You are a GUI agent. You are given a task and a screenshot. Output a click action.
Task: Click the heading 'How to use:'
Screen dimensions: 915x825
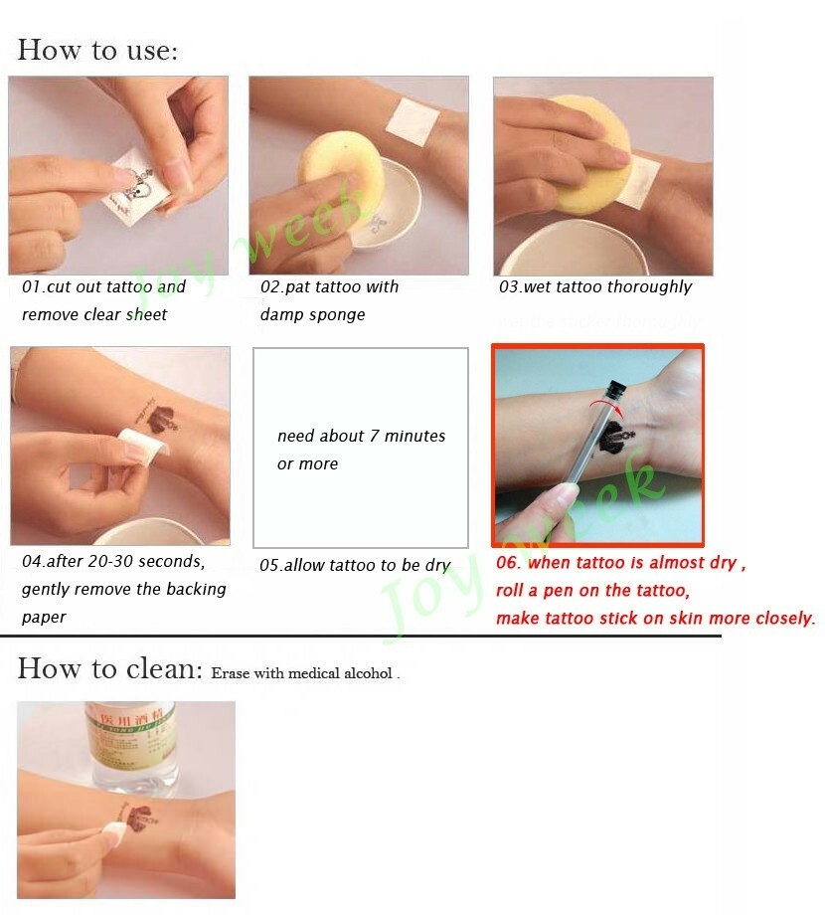(x=97, y=50)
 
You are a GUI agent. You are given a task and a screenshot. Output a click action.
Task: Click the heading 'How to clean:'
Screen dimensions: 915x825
(x=109, y=669)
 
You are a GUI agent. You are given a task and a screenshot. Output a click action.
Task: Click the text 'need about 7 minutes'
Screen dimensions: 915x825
(x=361, y=437)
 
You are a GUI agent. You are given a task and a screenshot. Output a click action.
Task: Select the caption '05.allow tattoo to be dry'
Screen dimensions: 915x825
(x=355, y=566)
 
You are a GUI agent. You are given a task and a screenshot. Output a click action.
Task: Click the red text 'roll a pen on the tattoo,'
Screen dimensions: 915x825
(x=592, y=591)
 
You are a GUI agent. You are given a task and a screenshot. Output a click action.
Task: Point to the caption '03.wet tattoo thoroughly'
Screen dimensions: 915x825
(x=595, y=287)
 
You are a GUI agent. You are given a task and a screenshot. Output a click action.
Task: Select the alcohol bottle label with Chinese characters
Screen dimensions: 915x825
(x=129, y=726)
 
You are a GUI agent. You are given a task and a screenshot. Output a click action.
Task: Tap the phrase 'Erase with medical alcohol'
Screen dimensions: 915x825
(x=304, y=673)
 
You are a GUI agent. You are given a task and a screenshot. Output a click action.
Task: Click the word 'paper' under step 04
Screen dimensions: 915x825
(x=44, y=617)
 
